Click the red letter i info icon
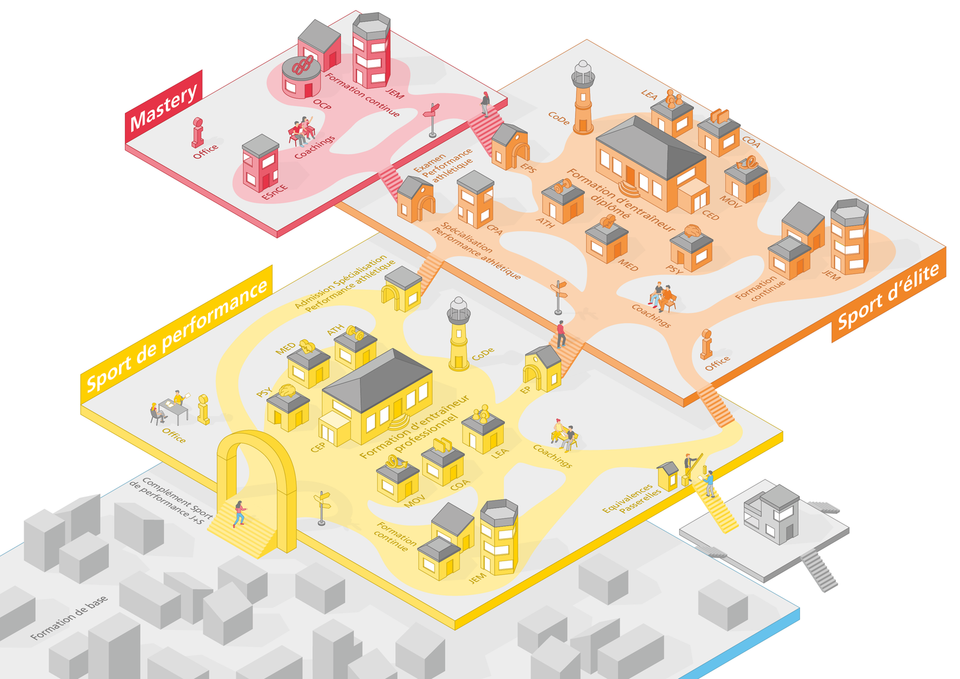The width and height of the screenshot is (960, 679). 198,132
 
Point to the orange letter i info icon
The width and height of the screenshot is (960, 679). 707,344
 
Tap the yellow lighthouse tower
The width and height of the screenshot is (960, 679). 458,334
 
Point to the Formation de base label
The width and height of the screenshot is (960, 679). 69,618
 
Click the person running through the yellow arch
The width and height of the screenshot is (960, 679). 239,514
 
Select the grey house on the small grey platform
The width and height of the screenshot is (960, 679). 771,514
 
